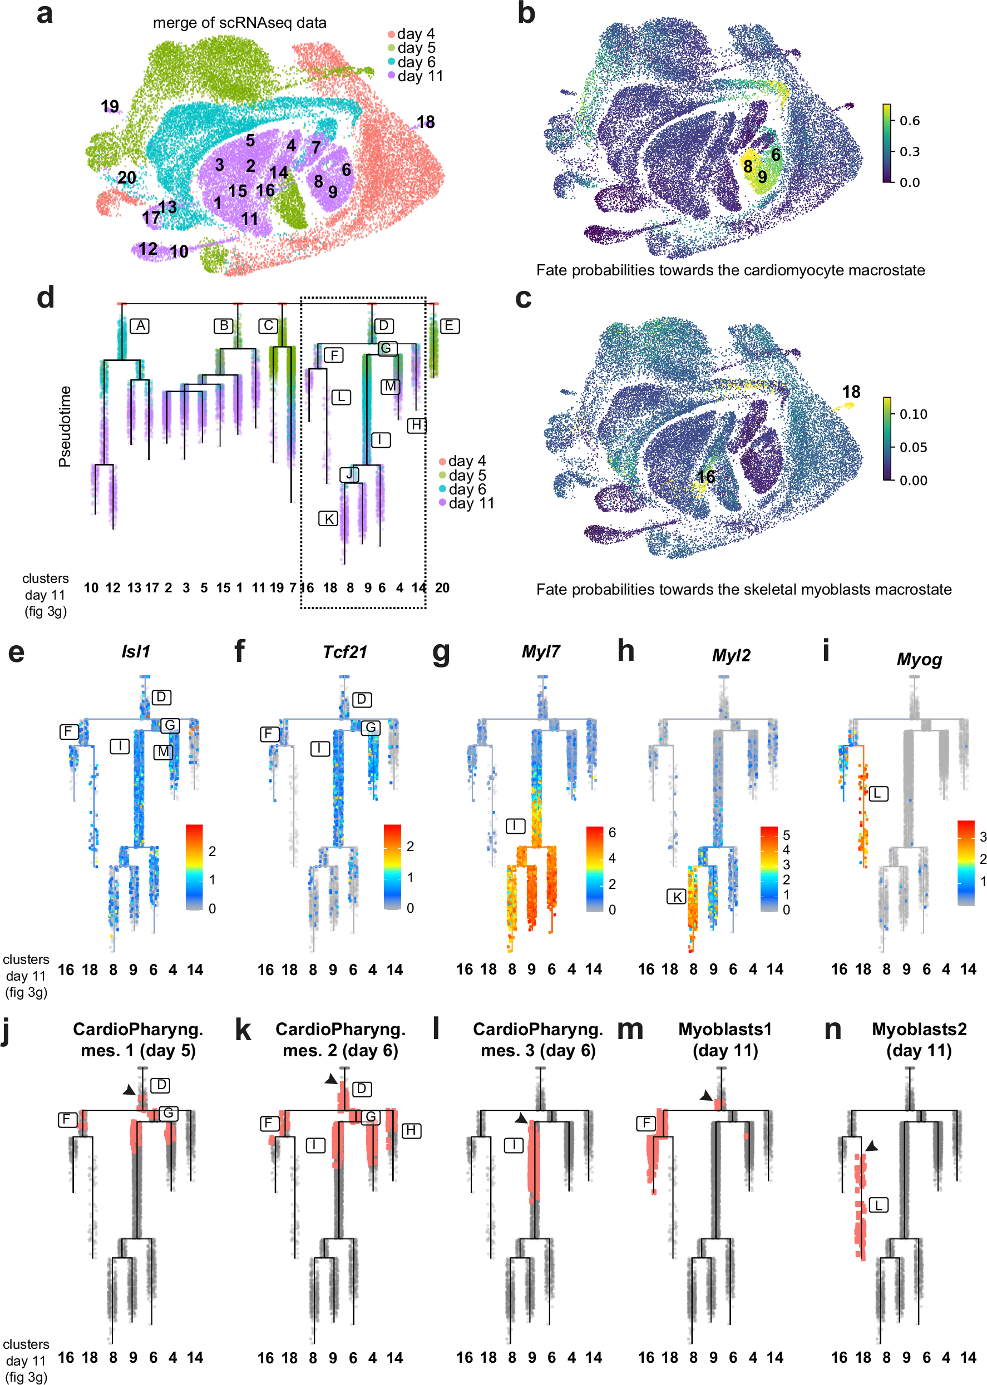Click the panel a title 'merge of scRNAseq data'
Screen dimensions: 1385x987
pyautogui.click(x=239, y=23)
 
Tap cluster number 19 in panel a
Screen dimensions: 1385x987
pyautogui.click(x=110, y=106)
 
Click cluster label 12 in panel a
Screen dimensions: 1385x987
pyautogui.click(x=147, y=249)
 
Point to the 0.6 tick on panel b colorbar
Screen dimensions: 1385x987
pyautogui.click(x=909, y=120)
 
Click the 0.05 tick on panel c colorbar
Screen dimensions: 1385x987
pyautogui.click(x=913, y=447)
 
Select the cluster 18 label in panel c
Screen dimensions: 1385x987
pyautogui.click(x=851, y=392)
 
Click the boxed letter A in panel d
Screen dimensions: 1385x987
pyautogui.click(x=140, y=325)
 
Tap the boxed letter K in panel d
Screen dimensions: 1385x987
pyautogui.click(x=328, y=519)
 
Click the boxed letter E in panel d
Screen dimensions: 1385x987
pyautogui.click(x=449, y=325)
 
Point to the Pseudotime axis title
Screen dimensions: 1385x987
pyautogui.click(x=65, y=427)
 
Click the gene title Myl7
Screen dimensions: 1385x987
pyautogui.click(x=540, y=652)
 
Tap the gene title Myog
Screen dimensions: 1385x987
pyautogui.click(x=919, y=659)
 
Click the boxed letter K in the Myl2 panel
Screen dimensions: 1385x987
pyautogui.click(x=677, y=897)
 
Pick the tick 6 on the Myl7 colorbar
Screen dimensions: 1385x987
pyautogui.click(x=612, y=833)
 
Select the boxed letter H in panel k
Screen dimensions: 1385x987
pyautogui.click(x=412, y=1130)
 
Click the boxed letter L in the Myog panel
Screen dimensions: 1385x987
pyautogui.click(x=877, y=793)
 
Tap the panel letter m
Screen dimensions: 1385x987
pyautogui.click(x=630, y=1030)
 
